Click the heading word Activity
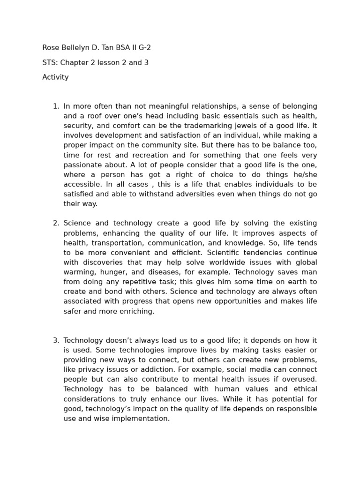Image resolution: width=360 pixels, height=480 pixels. tap(55, 77)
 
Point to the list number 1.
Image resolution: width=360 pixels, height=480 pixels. tap(55, 106)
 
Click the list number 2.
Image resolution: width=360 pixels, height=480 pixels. tap(55, 223)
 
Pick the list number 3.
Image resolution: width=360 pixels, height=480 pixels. tap(55, 340)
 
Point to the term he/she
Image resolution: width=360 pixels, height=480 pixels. tap(303, 174)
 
